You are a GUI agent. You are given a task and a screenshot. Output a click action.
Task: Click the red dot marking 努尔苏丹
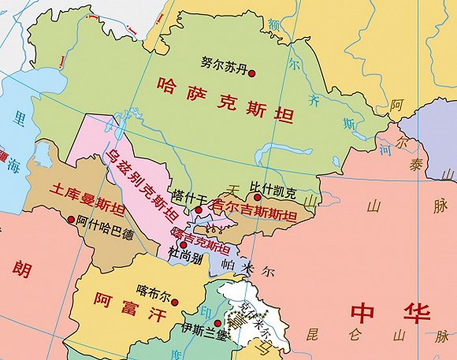[252, 73]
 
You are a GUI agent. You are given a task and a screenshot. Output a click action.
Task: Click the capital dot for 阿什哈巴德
[72, 220]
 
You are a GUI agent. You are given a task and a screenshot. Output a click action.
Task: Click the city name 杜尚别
[185, 257]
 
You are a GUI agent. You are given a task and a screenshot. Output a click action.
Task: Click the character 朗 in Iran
[21, 270]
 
